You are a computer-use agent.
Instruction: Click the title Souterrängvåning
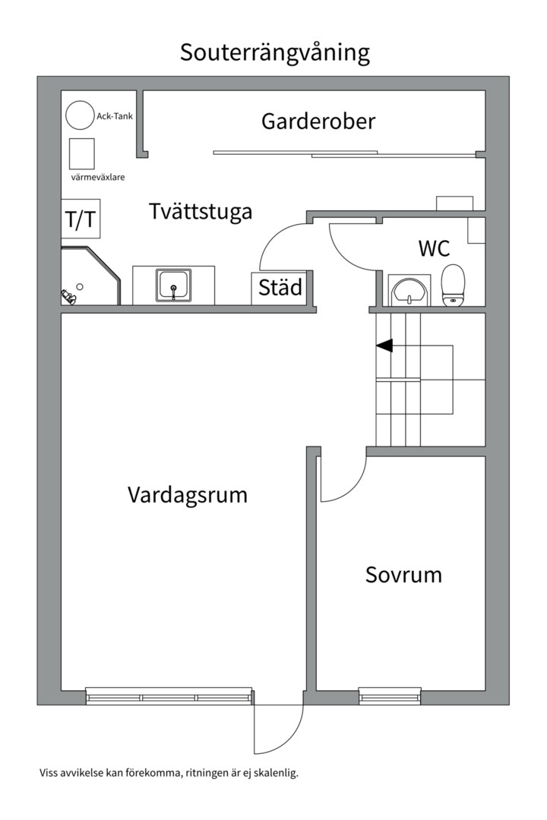point(274,52)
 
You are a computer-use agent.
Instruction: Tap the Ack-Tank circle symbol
point(78,115)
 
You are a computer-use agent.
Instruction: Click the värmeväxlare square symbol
point(81,154)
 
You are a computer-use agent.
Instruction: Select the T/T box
point(81,219)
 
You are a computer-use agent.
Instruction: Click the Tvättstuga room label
point(201,211)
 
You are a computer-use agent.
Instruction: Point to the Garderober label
point(318,121)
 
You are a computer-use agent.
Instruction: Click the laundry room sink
point(174,285)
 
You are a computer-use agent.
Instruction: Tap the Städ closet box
point(280,288)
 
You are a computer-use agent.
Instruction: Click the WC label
point(434,248)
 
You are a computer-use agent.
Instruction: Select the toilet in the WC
point(454,284)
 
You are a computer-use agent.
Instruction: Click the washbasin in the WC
point(409,290)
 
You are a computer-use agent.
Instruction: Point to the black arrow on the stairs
point(384,345)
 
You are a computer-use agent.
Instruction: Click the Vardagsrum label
point(188,495)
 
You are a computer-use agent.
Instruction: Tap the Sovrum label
point(403,575)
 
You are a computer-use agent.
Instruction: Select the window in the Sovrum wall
point(389,695)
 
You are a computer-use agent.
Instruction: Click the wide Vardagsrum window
point(169,695)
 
